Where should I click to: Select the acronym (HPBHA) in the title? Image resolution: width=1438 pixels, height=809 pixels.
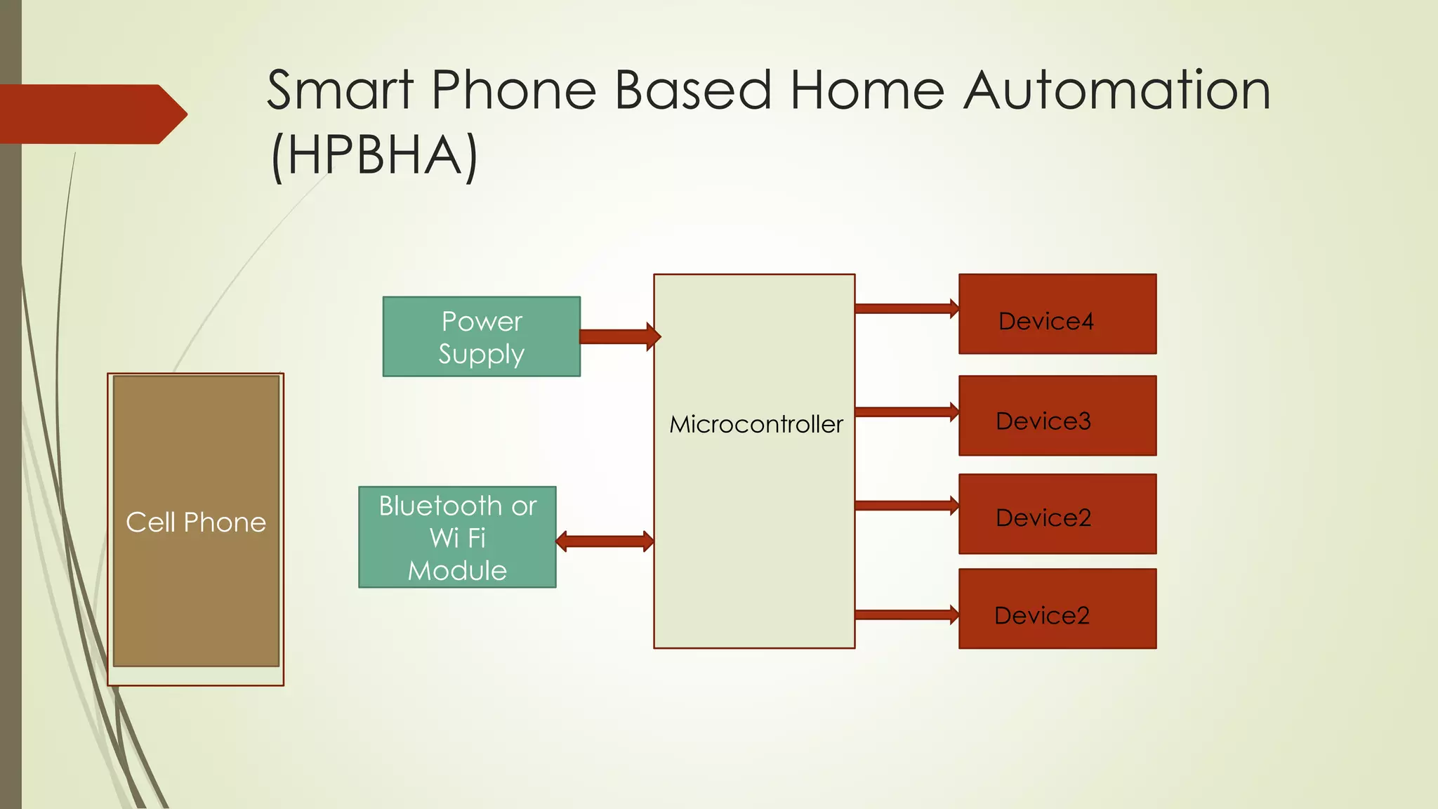point(374,155)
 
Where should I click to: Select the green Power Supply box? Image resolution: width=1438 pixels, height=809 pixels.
point(481,336)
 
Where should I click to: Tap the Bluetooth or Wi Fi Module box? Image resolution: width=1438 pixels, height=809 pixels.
point(457,537)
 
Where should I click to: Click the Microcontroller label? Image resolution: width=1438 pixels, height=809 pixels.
point(756,424)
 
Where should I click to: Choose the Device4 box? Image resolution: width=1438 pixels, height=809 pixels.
point(1057,314)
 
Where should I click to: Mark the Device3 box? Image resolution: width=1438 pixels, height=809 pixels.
point(1057,416)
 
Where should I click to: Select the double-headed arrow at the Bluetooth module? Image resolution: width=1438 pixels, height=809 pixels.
point(605,541)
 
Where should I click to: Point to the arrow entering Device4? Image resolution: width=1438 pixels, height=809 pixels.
point(906,308)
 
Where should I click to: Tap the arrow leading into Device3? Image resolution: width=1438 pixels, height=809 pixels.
point(906,412)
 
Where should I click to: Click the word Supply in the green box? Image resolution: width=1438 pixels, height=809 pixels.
point(481,354)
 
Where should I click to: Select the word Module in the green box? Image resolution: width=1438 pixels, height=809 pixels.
point(457,570)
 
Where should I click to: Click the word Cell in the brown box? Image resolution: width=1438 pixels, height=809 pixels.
point(150,522)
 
